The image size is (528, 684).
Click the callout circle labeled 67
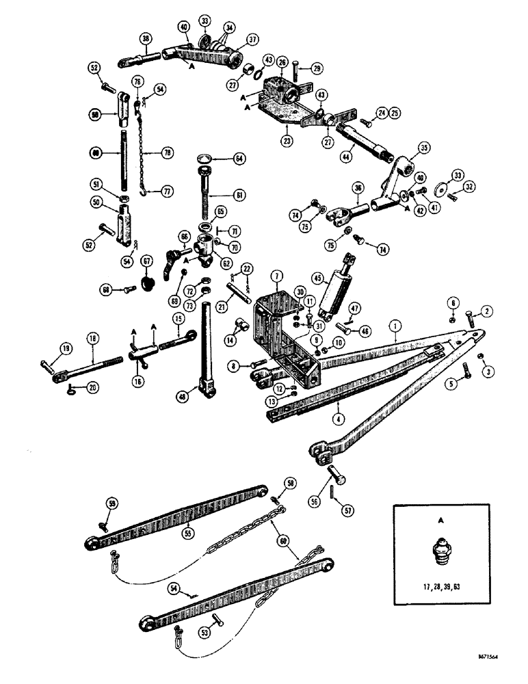144,263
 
